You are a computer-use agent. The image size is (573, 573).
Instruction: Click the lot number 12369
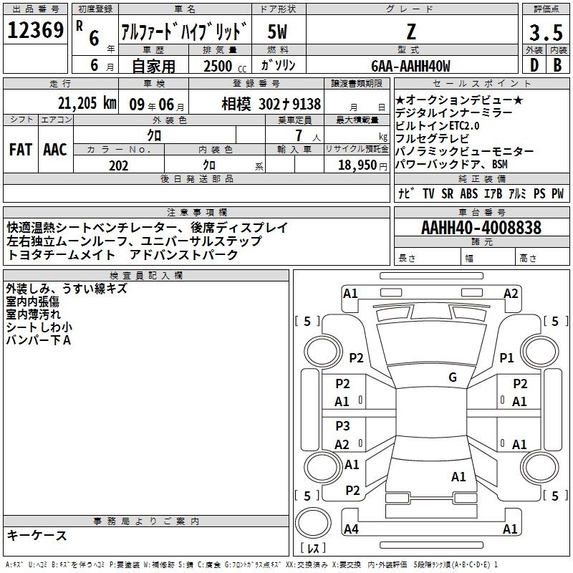pos(35,30)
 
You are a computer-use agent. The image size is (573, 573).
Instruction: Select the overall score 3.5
pos(546,32)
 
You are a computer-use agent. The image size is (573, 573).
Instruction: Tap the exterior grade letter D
pos(534,65)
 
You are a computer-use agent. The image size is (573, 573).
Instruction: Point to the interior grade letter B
pos(557,65)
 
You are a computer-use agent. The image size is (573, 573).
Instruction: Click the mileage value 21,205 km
pos(87,103)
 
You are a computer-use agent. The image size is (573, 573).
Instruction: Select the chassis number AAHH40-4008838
pos(481,228)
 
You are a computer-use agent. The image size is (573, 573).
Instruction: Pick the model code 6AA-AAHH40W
pos(410,66)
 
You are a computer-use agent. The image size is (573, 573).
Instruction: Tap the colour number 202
pos(118,165)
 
